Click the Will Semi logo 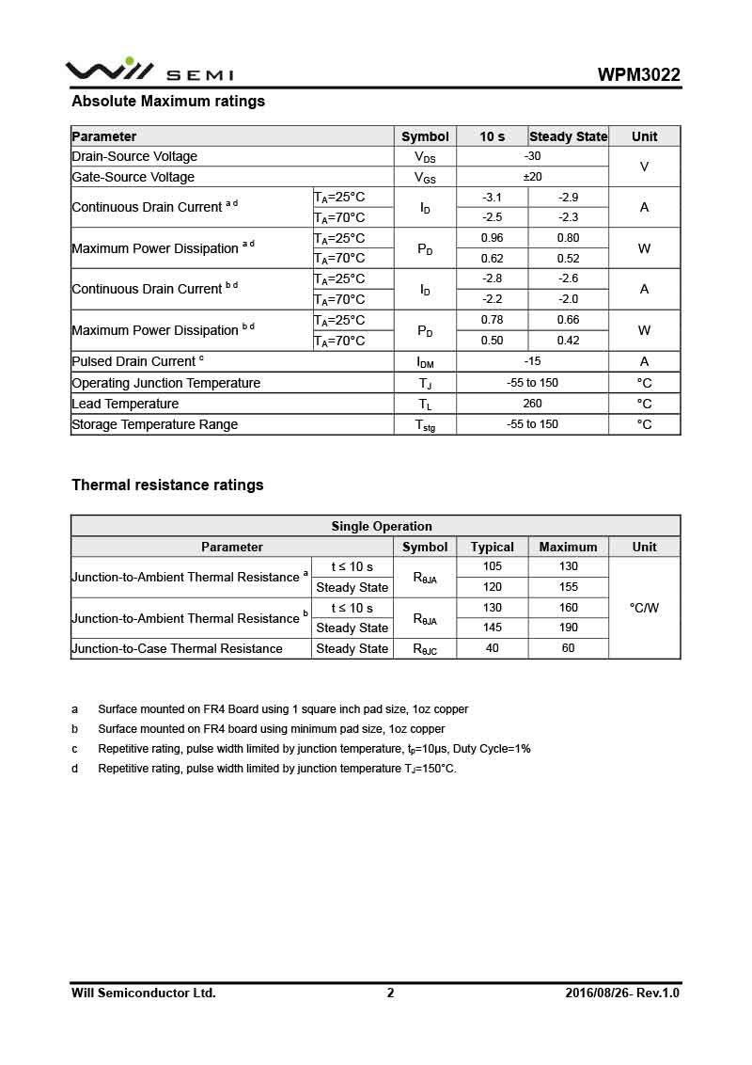pos(149,72)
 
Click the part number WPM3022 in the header pos(638,75)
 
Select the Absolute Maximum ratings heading pos(168,101)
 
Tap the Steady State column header pos(568,136)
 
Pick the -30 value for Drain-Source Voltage pos(532,156)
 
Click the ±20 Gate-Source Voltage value pos(532,177)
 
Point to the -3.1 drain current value pos(492,198)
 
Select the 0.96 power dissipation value pos(492,238)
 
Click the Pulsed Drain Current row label pos(137,361)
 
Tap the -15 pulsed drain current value pos(532,361)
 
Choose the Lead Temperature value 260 pos(532,404)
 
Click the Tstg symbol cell pos(425,425)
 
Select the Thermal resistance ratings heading pos(167,485)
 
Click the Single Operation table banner pos(382,526)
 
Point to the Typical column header pos(492,547)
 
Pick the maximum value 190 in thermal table pos(568,628)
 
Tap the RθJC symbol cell pos(425,649)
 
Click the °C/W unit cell pos(644,608)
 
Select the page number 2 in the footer pos(390,993)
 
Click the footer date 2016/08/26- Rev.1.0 pos(622,993)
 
